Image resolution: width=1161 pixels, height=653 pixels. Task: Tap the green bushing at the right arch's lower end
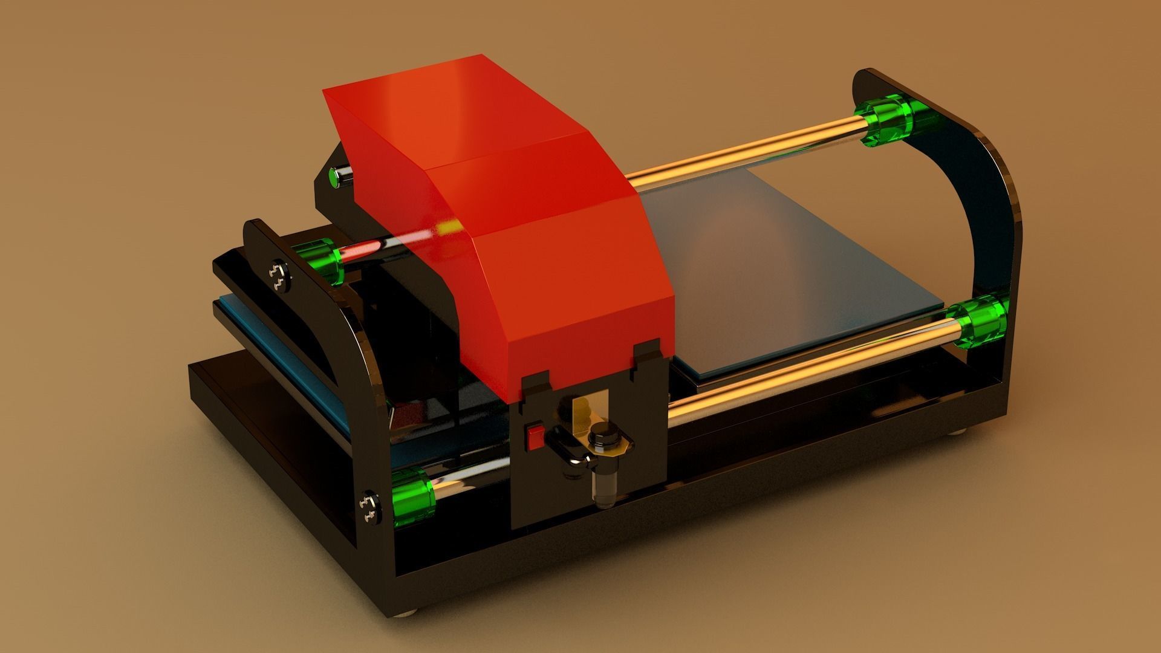point(978,321)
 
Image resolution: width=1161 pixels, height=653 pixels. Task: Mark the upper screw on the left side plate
point(279,276)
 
